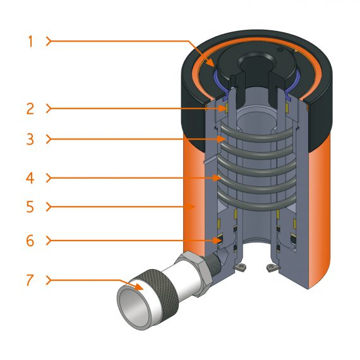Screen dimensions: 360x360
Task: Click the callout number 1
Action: [x=30, y=42]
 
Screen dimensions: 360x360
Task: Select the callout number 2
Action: [x=30, y=108]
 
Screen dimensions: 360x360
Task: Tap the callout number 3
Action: [x=30, y=140]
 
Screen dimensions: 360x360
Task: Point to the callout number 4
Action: [x=30, y=178]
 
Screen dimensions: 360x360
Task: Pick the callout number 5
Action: [x=30, y=207]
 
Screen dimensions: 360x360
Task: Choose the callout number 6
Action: [x=30, y=241]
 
